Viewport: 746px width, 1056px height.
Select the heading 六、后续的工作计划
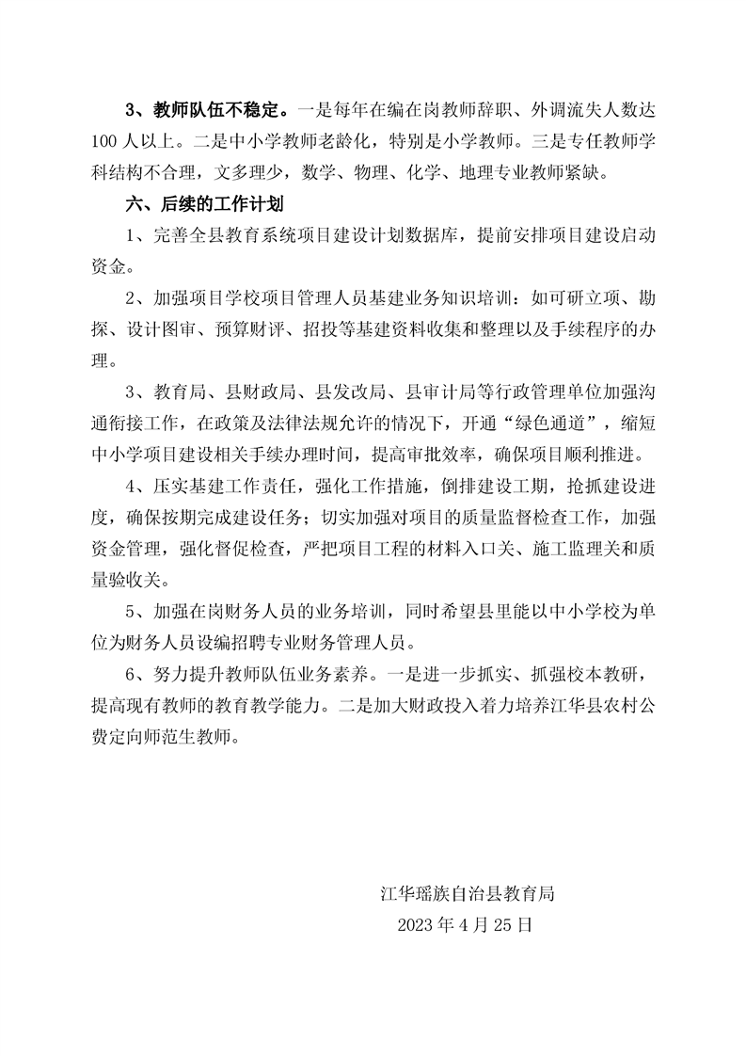199,203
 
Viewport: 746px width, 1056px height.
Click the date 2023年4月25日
466,924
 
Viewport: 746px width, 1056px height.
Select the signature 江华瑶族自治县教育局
466,893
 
